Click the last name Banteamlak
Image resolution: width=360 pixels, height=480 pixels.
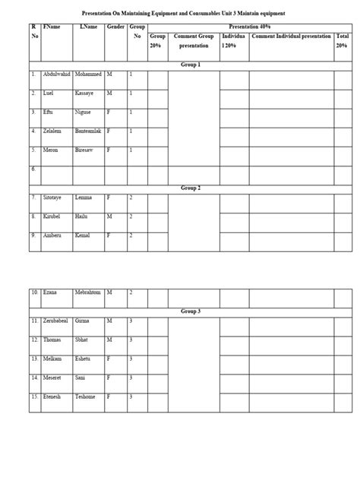89,131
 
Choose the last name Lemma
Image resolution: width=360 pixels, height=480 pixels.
84,197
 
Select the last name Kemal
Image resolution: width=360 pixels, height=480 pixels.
83,235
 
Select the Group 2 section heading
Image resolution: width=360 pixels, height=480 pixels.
191,188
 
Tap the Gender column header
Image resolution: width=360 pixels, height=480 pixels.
115,27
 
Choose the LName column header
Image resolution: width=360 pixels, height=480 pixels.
87,27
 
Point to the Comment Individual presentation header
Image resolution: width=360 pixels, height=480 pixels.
292,36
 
